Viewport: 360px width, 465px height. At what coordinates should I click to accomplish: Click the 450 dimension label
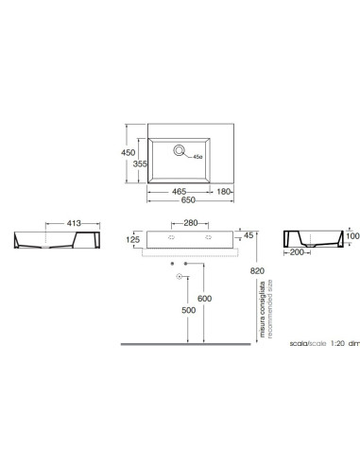click(129, 152)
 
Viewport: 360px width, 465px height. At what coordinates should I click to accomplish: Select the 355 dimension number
click(140, 164)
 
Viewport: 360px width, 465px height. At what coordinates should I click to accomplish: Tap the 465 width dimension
click(179, 192)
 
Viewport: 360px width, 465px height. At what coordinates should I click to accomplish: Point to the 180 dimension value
click(224, 192)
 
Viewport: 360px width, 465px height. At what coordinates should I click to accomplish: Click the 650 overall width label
click(188, 200)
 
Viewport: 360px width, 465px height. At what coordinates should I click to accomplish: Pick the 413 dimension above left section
click(74, 223)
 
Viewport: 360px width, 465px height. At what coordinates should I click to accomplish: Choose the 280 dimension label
click(191, 223)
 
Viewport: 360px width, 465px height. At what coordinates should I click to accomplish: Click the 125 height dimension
click(133, 240)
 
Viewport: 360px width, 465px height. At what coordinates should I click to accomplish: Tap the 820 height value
click(257, 271)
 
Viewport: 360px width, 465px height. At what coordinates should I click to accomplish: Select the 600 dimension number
click(205, 299)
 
